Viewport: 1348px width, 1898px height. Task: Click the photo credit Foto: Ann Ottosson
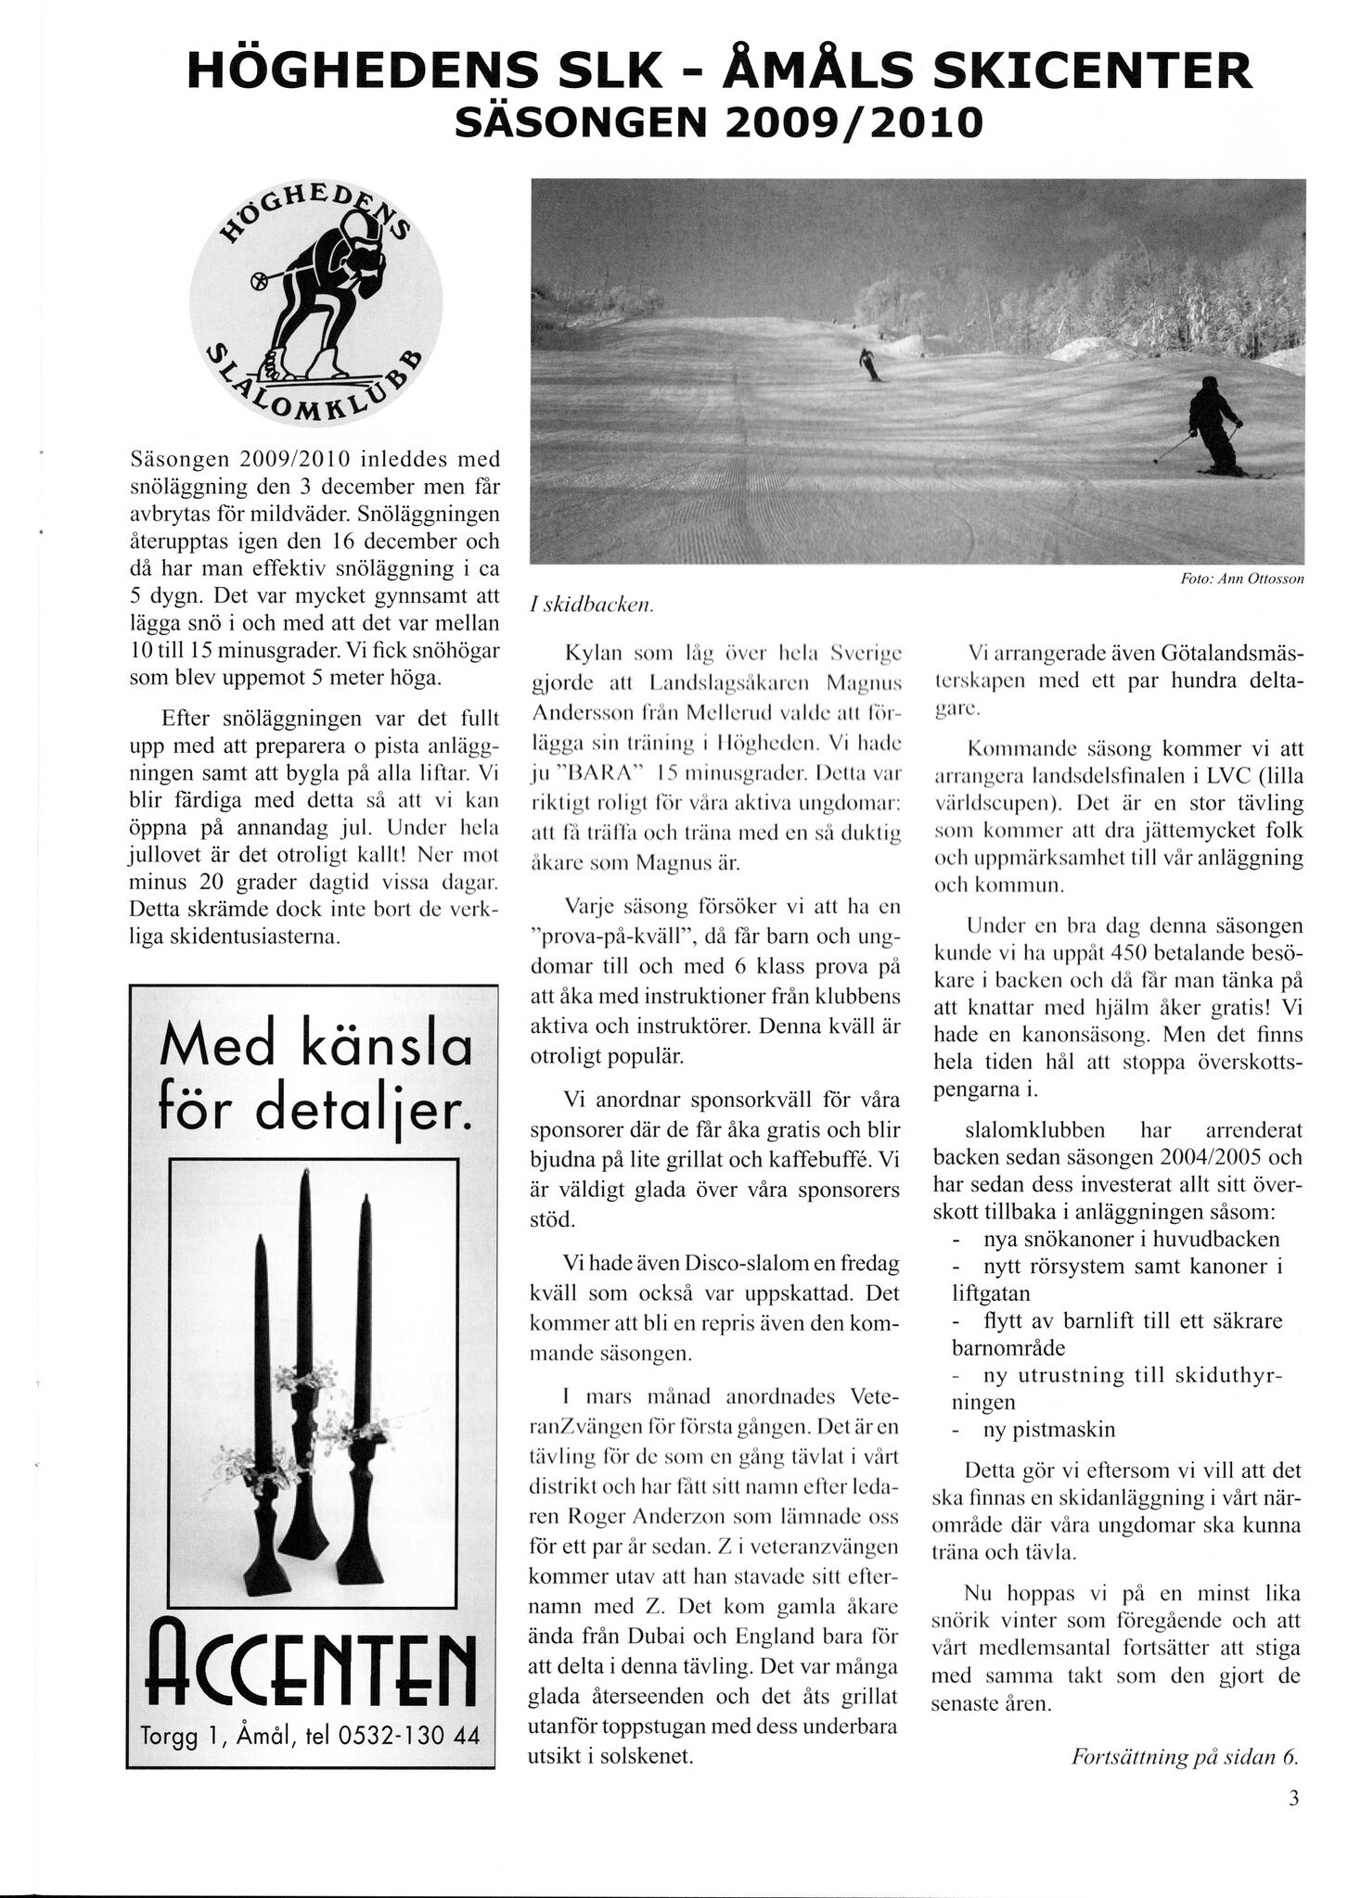pos(1242,579)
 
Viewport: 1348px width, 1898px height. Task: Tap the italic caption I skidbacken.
pos(592,605)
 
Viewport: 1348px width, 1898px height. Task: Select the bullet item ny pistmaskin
pos(1048,1429)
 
